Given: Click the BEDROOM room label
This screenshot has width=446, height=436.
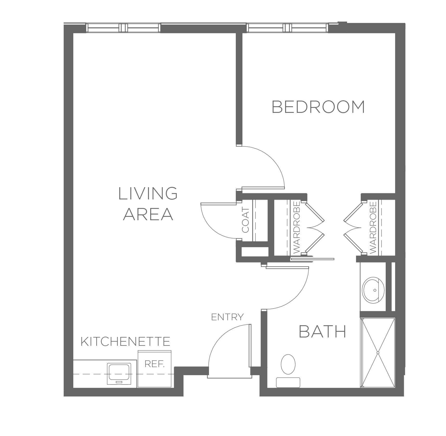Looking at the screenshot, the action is pyautogui.click(x=318, y=107).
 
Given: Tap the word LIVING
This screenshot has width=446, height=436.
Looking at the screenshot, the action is pyautogui.click(x=148, y=193).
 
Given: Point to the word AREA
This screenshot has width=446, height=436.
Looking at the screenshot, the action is pyautogui.click(x=148, y=214).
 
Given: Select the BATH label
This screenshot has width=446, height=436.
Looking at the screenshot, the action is pyautogui.click(x=322, y=331).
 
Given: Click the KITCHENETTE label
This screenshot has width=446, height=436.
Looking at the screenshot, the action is pyautogui.click(x=125, y=341).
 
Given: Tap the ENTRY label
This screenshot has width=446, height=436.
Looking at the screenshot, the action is pyautogui.click(x=227, y=317).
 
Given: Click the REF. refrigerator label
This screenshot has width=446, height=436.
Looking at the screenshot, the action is pyautogui.click(x=155, y=364).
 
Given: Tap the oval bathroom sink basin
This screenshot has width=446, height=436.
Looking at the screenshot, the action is pyautogui.click(x=373, y=290).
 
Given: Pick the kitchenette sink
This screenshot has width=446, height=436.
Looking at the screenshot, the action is pyautogui.click(x=119, y=374).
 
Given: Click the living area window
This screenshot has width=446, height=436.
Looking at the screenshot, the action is pyautogui.click(x=123, y=28).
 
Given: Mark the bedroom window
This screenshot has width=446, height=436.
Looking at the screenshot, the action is pyautogui.click(x=287, y=28).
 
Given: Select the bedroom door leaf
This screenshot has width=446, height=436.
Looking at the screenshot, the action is pyautogui.click(x=263, y=188).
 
